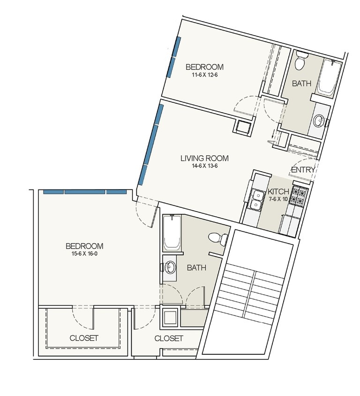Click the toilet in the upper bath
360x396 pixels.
pos(301,61)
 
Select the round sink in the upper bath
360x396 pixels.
pos(319,121)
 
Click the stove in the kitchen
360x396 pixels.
pos(299,196)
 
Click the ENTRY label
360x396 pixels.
pos(303,170)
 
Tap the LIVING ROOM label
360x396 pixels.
pos(204,158)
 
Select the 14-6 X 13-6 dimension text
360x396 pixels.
pos(204,166)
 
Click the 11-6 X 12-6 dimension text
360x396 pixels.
pos(204,75)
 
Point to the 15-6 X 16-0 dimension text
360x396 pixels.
pos(84,254)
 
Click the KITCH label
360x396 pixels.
pos(278,191)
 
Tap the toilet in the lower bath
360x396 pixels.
pos(218,238)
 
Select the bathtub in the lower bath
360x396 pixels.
pos(172,232)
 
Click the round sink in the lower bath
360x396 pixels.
pos(170,267)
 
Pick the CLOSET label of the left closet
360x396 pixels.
pos(84,338)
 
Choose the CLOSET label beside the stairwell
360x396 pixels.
pos(169,338)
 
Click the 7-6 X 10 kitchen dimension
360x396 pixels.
pos(278,199)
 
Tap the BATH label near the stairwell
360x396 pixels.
pos(196,267)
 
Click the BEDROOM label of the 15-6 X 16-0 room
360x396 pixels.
pos(84,246)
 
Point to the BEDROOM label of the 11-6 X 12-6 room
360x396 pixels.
pos(204,67)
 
